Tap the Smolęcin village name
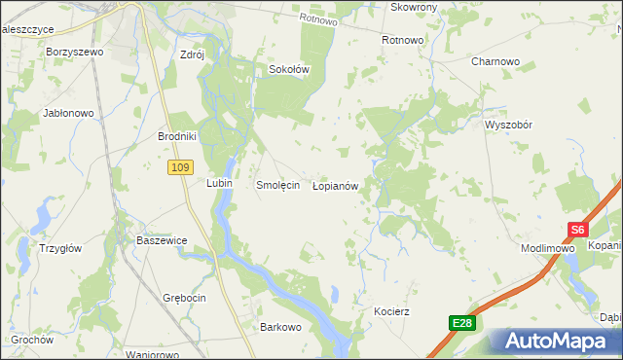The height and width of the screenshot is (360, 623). (x=276, y=185)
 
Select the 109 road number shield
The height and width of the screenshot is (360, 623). (x=178, y=168)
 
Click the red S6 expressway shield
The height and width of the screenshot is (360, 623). (x=578, y=231)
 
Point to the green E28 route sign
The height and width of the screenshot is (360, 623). (x=463, y=323)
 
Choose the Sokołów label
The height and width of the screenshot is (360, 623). (x=288, y=70)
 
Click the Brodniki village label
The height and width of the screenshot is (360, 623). (x=178, y=137)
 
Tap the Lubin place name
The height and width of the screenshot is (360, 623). (x=217, y=182)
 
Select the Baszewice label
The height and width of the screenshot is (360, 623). (x=162, y=240)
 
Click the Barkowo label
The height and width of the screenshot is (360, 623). (x=280, y=328)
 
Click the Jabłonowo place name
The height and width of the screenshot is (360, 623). (x=68, y=113)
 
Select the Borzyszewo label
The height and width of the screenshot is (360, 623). (x=74, y=51)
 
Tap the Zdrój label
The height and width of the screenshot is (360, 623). (x=192, y=55)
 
